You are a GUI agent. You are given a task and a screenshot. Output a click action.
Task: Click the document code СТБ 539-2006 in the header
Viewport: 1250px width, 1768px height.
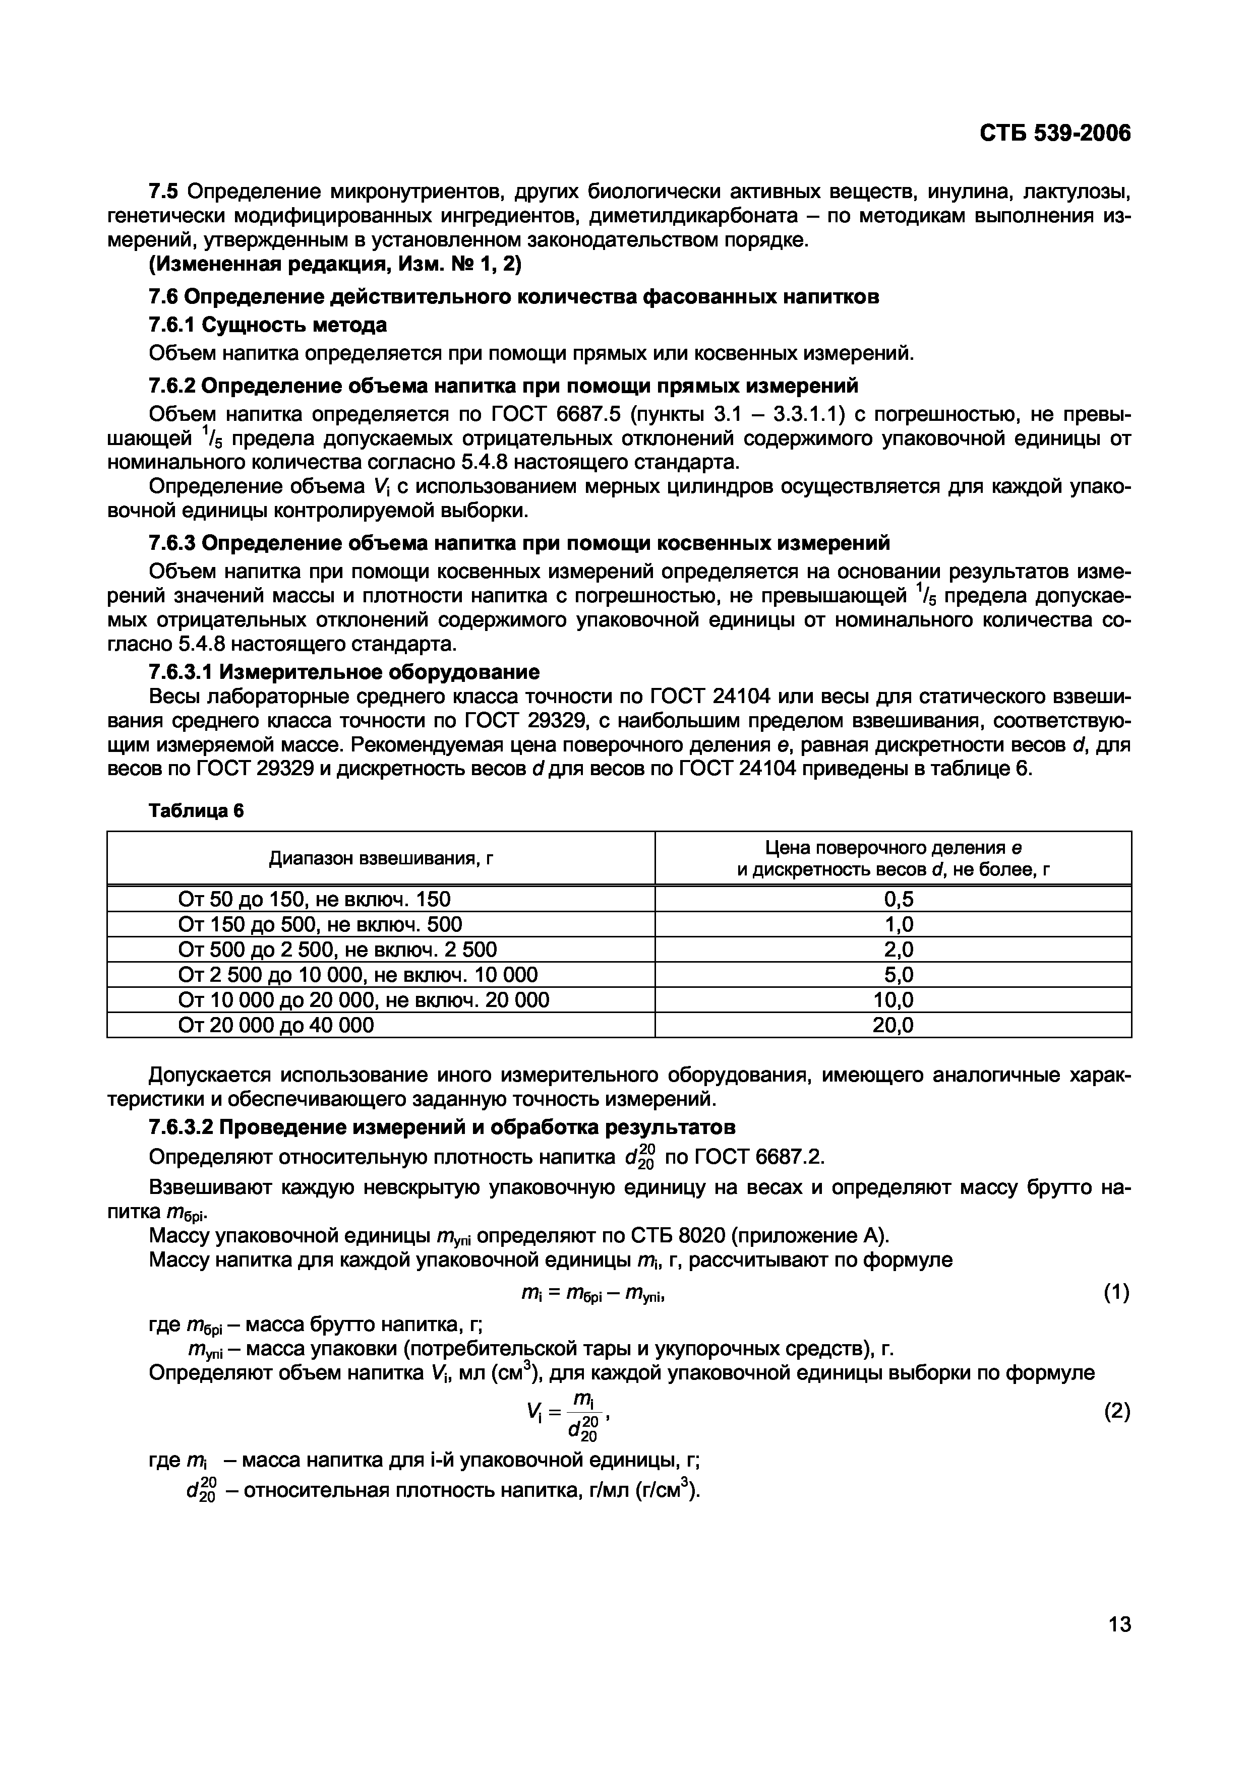(1055, 134)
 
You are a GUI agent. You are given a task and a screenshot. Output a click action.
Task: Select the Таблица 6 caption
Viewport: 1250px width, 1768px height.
(196, 811)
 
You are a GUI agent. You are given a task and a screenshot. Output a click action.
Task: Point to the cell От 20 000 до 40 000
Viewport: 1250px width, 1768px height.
(276, 1025)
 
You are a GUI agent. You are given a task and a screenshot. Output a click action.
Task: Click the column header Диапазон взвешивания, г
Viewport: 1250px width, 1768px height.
(381, 858)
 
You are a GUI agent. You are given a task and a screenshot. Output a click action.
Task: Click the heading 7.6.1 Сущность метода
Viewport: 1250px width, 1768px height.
(267, 325)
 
